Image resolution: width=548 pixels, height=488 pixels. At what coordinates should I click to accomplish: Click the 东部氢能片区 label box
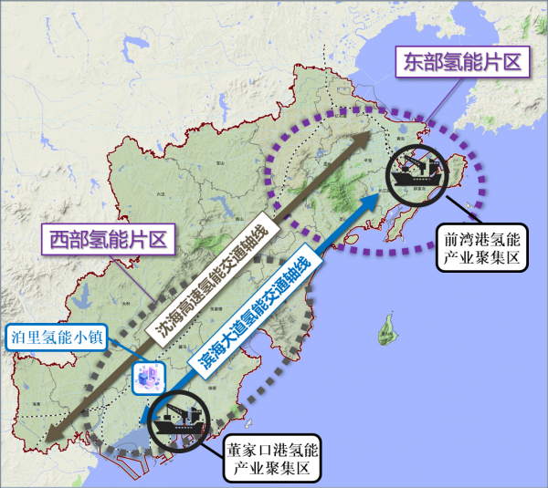pos(462,62)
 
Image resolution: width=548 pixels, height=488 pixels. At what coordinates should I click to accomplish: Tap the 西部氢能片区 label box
pos(108,241)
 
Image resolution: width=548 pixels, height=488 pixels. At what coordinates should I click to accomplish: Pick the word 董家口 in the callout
pos(249,450)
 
